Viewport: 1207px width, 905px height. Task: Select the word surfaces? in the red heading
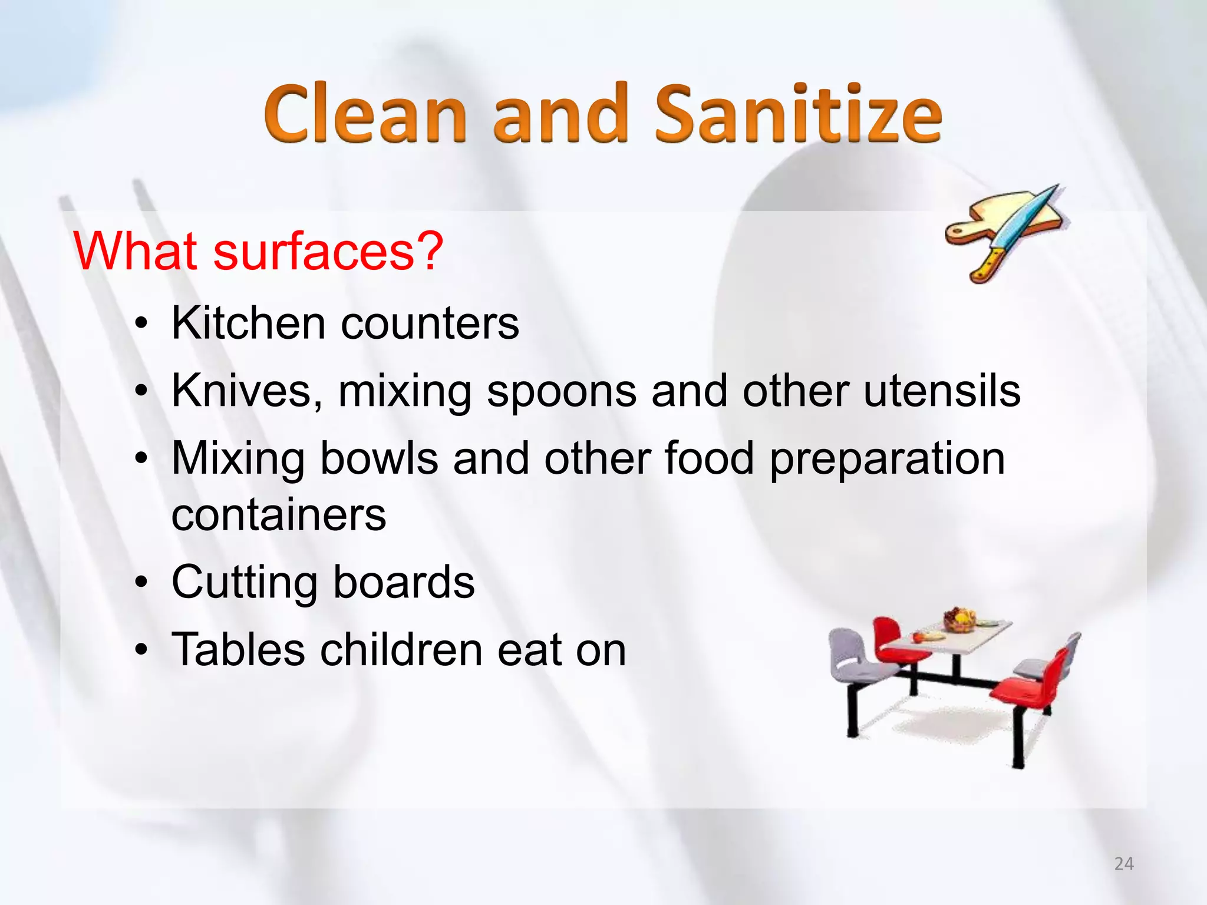[328, 252]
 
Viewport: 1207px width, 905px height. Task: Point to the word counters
[430, 324]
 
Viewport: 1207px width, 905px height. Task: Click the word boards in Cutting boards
[404, 582]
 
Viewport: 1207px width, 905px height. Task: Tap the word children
[401, 650]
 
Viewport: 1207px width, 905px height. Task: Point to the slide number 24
[1124, 864]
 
